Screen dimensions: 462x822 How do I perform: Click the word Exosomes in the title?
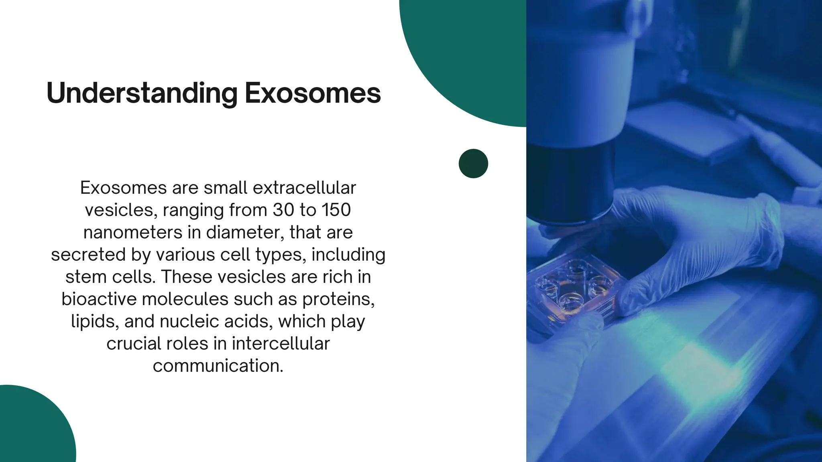[313, 93]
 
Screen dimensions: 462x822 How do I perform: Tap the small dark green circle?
[473, 164]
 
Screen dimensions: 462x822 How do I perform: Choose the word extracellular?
[304, 188]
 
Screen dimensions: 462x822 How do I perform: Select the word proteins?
[338, 299]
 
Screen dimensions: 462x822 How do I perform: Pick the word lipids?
[94, 321]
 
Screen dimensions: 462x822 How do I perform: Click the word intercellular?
[281, 344]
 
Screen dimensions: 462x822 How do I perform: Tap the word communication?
[218, 366]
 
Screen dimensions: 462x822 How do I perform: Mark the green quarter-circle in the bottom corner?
[32, 429]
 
